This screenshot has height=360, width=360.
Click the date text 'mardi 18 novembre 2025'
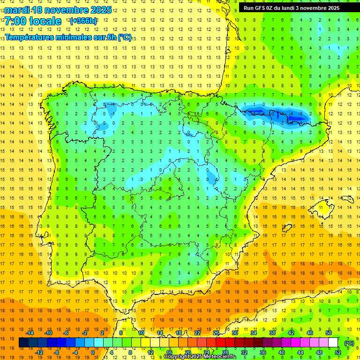(58, 10)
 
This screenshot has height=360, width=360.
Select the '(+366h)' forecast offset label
(83, 21)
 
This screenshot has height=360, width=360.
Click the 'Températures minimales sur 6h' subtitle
(68, 37)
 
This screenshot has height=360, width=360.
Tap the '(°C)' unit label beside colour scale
(349, 343)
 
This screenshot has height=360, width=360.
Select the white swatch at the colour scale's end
(333, 343)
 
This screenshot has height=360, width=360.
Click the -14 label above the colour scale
(30, 333)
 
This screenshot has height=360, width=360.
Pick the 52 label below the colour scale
(337, 352)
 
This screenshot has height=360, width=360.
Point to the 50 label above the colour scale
(328, 333)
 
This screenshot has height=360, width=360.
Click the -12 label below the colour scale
(39, 352)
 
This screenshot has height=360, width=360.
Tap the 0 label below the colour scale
(93, 352)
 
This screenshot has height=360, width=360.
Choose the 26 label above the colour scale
(216, 333)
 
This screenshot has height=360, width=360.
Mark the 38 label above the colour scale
(272, 333)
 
